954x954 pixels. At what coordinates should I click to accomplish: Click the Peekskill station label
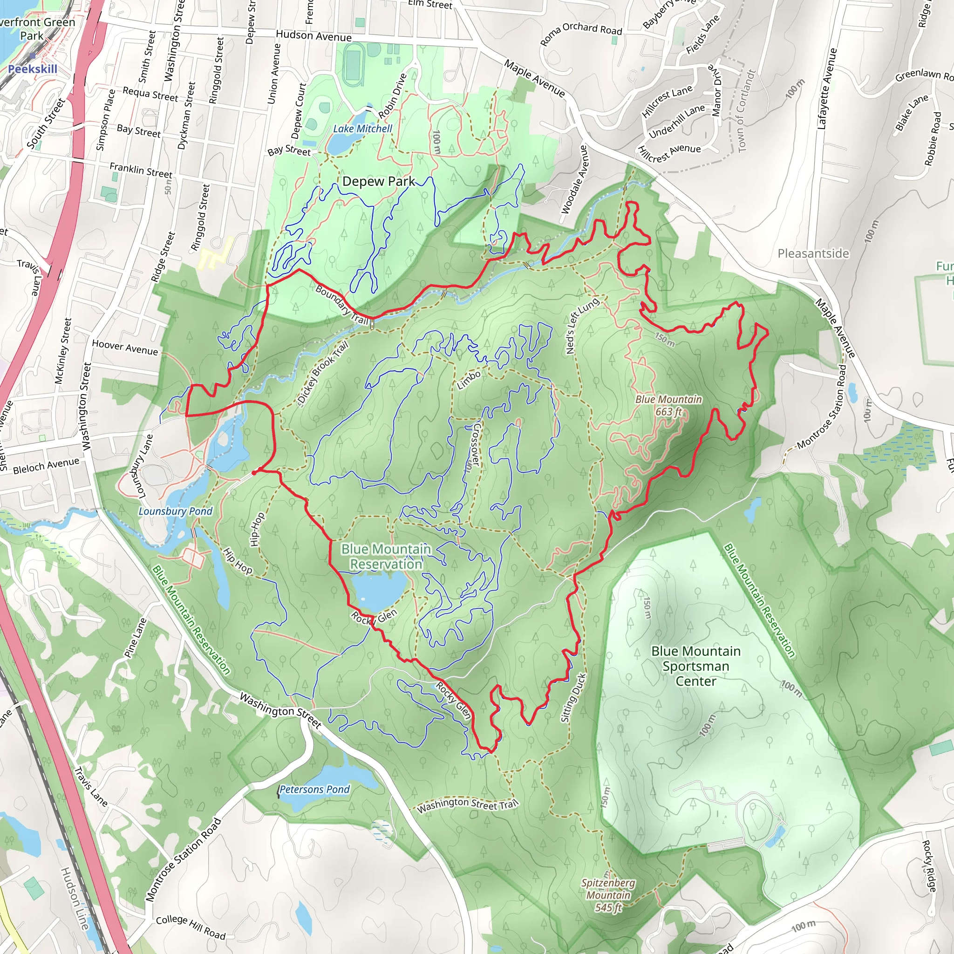tap(33, 69)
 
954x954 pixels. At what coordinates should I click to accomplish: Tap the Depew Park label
tap(379, 181)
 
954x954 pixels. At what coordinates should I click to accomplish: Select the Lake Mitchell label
tap(362, 129)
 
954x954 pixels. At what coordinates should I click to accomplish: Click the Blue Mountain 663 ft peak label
tap(668, 405)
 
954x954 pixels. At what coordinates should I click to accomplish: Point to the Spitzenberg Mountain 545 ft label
tap(608, 895)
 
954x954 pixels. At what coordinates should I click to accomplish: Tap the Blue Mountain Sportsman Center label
tap(696, 666)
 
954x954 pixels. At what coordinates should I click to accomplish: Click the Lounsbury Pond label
tap(175, 511)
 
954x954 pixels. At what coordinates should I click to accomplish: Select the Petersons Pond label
tap(314, 790)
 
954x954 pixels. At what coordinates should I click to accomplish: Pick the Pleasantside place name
tap(813, 253)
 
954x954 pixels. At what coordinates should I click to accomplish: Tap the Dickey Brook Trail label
tap(323, 373)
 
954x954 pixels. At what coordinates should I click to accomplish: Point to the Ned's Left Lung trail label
tap(582, 326)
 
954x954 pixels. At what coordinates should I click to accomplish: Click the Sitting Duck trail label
tap(573, 698)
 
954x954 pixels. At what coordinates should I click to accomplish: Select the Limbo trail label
tap(469, 380)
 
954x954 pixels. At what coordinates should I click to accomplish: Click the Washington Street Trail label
tap(467, 805)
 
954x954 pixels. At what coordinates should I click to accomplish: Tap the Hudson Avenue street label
tap(313, 36)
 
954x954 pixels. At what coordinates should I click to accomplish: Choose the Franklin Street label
tap(141, 170)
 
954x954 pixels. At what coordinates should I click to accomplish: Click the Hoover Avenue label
tap(125, 348)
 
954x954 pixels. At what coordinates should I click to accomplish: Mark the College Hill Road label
tap(191, 927)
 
